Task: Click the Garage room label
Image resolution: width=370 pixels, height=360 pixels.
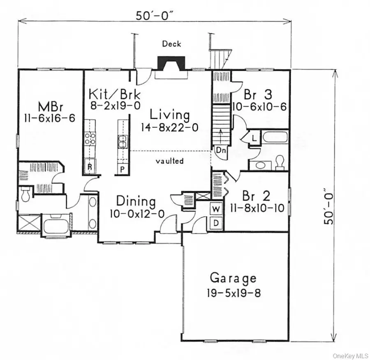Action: (233, 278)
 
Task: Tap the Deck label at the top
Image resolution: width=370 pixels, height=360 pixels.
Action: (172, 44)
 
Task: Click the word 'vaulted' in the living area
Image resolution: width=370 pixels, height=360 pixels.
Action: (169, 161)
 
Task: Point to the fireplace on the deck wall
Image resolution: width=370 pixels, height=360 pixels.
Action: (169, 65)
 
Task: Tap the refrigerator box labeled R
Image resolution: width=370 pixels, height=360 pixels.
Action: (89, 167)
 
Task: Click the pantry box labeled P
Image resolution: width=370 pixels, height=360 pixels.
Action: (122, 168)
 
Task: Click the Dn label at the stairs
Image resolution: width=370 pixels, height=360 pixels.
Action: (221, 150)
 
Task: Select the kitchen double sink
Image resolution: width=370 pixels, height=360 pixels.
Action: (122, 142)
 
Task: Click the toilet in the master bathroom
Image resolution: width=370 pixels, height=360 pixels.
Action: (25, 194)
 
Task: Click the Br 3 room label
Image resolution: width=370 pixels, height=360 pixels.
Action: (257, 95)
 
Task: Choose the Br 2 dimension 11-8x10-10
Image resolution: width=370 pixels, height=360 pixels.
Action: (257, 208)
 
